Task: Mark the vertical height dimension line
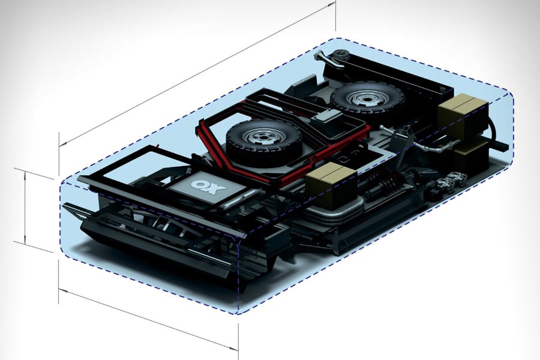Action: coord(25,207)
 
